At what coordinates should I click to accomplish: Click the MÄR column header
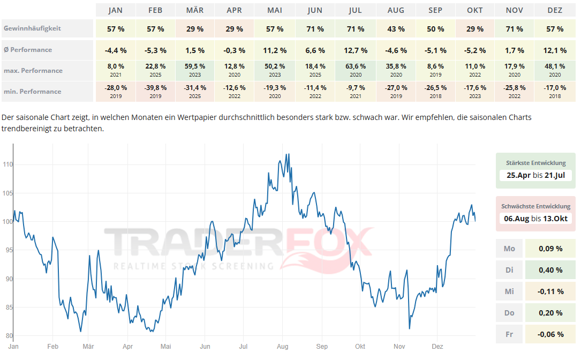pyautogui.click(x=195, y=10)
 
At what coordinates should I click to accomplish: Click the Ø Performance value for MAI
pyautogui.click(x=275, y=50)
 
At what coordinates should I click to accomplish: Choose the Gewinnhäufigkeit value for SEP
pyautogui.click(x=436, y=29)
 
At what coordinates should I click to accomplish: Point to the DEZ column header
pyautogui.click(x=555, y=10)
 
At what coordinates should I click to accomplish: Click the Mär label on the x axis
pyautogui.click(x=88, y=347)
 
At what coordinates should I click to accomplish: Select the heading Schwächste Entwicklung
pyautogui.click(x=535, y=206)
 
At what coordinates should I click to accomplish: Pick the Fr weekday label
pyautogui.click(x=509, y=334)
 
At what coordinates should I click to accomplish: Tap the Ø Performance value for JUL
pyautogui.click(x=356, y=50)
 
